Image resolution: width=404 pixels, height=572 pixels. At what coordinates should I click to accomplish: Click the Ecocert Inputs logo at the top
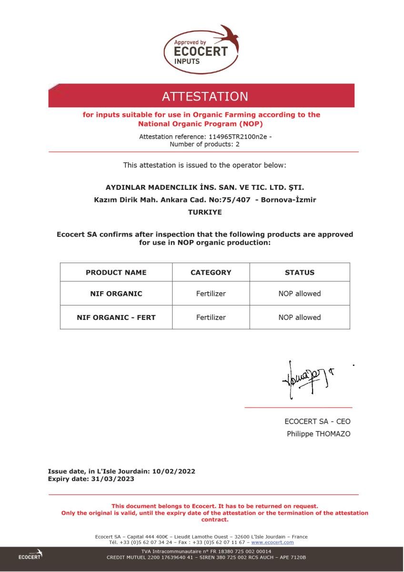tap(201, 50)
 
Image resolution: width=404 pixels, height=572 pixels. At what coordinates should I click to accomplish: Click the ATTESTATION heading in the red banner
tap(205, 96)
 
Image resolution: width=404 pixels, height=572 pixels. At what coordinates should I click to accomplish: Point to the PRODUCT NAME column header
tap(116, 273)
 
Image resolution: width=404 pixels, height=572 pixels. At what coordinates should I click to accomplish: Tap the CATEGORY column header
tap(211, 273)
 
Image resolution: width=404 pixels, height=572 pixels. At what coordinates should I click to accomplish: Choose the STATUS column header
tap(300, 273)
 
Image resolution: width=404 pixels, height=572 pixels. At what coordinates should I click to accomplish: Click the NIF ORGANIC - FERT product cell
tap(116, 317)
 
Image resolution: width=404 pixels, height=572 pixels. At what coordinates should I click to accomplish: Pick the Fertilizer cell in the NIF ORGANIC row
tap(211, 294)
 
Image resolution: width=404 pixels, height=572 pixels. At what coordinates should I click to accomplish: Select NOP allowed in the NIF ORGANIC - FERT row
tap(300, 317)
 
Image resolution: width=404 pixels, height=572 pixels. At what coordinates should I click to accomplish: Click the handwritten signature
tap(305, 380)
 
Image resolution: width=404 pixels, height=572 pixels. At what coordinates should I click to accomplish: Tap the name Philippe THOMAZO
tap(318, 434)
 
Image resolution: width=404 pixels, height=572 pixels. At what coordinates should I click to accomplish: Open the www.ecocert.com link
tap(273, 542)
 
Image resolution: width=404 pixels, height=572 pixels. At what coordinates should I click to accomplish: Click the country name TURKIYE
tap(205, 213)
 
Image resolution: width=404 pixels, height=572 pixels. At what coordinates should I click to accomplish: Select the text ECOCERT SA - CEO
tap(317, 421)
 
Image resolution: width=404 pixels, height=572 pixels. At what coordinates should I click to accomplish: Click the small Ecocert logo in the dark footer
tap(30, 555)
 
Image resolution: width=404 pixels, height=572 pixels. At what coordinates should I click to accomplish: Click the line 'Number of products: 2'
tap(205, 144)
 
